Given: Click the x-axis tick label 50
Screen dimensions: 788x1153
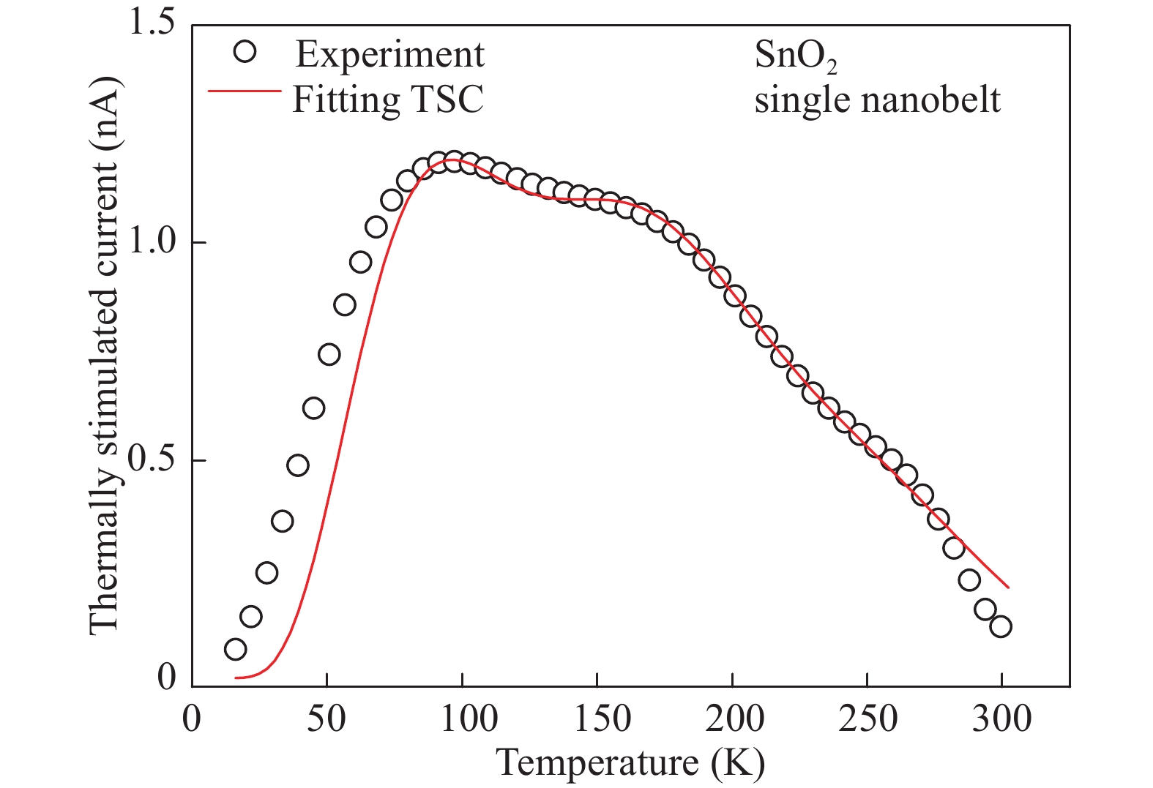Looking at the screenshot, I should coord(327,719).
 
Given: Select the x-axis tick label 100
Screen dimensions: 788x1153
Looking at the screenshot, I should coord(462,719).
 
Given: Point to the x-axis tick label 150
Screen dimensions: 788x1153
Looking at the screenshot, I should coord(597,719).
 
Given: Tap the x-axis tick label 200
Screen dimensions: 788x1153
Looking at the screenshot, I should coord(732,719).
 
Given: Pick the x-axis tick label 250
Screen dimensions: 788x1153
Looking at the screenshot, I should coord(867,719).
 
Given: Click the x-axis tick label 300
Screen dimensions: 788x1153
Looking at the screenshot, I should coord(1002,719).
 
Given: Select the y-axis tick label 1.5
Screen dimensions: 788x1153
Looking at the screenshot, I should coord(152,24).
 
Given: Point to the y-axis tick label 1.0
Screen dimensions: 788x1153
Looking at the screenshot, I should coord(152,242).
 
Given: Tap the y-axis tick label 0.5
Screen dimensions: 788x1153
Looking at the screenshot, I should coord(152,460).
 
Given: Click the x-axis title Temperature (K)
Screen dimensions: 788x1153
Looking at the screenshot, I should coord(631,763).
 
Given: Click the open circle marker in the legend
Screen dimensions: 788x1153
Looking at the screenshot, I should coord(245,52).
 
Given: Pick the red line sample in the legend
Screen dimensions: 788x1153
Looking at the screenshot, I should coord(245,91).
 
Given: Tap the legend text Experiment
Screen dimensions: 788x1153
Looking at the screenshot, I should coord(389,54).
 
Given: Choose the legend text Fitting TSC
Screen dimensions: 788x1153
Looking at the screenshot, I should coord(388,99).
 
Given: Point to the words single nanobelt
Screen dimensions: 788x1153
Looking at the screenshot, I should coord(877,99).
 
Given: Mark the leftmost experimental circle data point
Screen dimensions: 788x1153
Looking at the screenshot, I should coord(235,649).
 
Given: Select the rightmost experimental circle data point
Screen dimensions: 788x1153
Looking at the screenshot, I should coord(1001,626).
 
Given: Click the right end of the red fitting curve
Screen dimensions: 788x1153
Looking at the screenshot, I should coord(1008,587).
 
